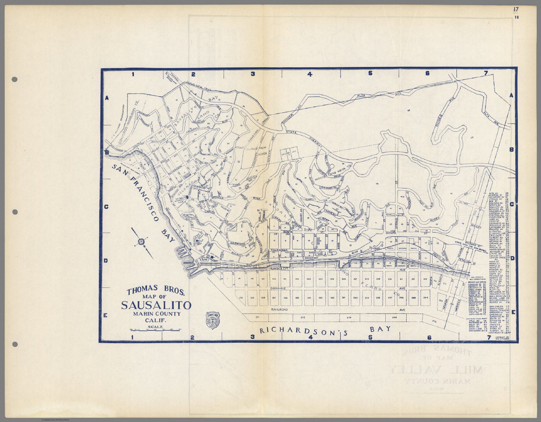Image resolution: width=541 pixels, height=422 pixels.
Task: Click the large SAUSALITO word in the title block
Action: click(156, 305)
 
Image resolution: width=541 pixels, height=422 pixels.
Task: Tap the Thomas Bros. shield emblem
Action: click(212, 319)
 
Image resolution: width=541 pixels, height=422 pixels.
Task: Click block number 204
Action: click(320, 279)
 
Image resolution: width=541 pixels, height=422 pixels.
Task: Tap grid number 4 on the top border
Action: click(310, 74)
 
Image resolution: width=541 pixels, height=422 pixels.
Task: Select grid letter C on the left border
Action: click(106, 207)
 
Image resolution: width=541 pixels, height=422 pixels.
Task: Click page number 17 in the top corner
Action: click(516, 9)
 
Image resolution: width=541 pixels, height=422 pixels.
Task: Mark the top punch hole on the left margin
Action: click(15, 80)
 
